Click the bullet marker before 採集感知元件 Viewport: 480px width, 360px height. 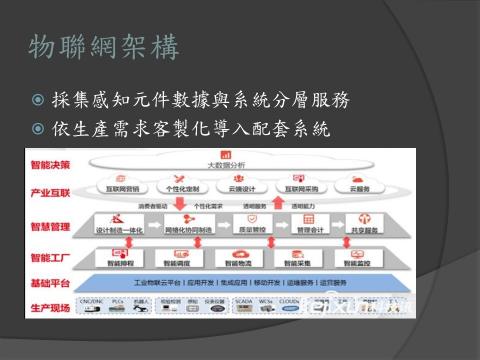click(38, 100)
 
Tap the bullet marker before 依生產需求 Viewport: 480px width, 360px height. click(38, 130)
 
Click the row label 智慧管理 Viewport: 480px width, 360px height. click(50, 227)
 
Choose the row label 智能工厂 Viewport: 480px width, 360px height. click(50, 258)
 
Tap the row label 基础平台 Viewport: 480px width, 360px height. click(50, 283)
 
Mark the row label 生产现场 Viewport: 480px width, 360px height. click(50, 307)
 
